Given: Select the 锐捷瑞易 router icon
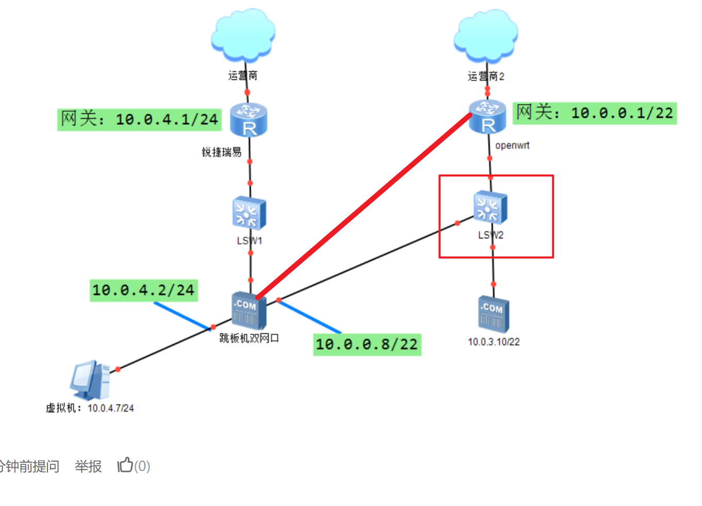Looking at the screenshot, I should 249,120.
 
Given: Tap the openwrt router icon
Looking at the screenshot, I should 487,117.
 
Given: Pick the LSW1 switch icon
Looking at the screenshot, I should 249,213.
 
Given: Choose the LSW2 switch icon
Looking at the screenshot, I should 490,207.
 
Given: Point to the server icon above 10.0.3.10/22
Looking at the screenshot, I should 493,314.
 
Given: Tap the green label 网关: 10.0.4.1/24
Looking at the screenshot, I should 139,119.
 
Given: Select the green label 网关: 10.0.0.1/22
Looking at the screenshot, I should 595,113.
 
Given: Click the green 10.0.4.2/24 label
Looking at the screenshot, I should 143,290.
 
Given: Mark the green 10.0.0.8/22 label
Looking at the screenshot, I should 367,344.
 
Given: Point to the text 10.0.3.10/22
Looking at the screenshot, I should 494,342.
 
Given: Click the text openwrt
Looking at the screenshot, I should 512,145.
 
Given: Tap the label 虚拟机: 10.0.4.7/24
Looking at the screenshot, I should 90,408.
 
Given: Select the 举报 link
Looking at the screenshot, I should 88,466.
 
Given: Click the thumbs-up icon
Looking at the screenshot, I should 125,465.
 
